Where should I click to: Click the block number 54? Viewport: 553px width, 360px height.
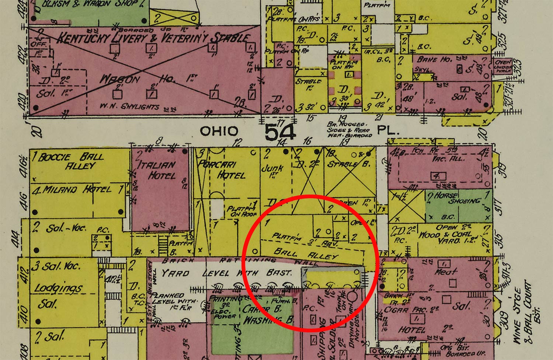tap(280, 132)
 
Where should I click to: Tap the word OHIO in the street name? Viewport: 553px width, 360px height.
tap(219, 131)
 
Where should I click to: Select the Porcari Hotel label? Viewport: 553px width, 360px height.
tap(222, 170)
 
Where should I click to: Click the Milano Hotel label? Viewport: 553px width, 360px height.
tap(77, 190)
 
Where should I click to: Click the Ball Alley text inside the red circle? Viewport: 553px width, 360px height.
tap(306, 255)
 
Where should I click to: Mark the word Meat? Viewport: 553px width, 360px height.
tap(446, 272)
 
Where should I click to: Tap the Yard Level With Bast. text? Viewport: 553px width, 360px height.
tap(227, 273)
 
